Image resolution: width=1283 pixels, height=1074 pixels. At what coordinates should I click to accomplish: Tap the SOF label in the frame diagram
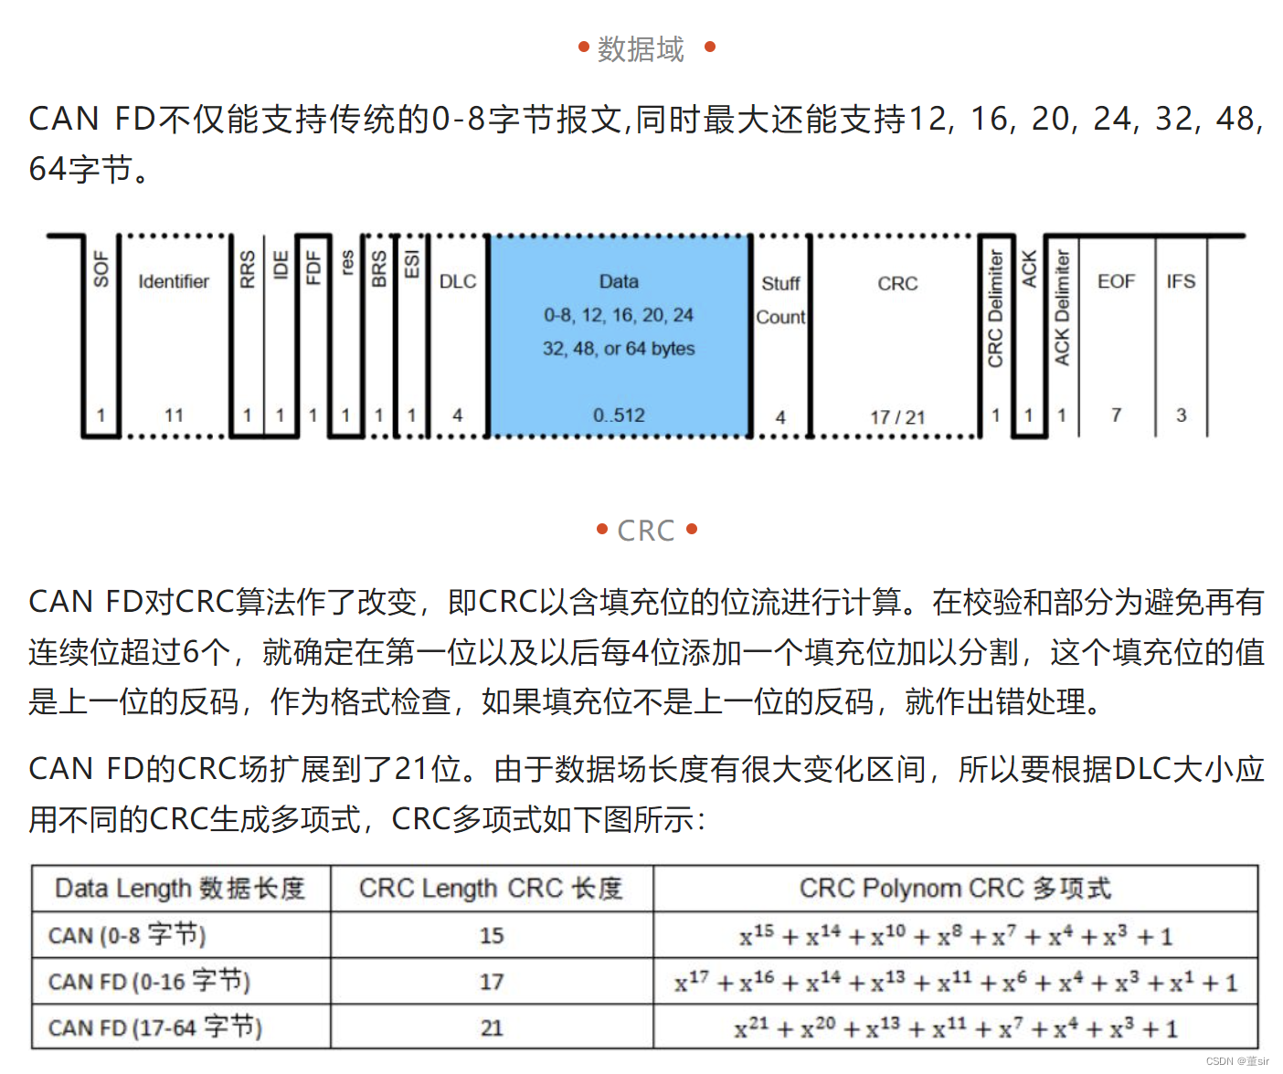click(101, 269)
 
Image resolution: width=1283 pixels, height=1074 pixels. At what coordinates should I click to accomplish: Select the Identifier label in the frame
click(174, 281)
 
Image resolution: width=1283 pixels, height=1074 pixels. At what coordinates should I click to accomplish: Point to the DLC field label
click(458, 281)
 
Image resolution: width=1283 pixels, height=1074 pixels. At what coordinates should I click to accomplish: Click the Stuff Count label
click(780, 300)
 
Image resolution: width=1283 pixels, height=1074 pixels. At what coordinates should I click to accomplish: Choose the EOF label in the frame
click(1116, 281)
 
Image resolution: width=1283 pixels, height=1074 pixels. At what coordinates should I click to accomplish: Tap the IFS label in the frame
click(1181, 281)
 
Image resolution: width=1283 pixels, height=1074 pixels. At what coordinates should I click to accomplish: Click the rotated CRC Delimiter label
click(995, 310)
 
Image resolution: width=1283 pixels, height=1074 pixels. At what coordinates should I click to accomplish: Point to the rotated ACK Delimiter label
click(1061, 308)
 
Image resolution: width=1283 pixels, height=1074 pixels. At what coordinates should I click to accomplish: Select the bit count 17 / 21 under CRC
click(897, 417)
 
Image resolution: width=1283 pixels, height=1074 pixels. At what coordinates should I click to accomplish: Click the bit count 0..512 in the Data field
click(619, 416)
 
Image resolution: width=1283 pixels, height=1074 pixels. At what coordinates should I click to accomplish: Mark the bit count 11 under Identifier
click(174, 416)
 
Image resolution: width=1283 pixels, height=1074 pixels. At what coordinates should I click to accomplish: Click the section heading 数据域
click(641, 48)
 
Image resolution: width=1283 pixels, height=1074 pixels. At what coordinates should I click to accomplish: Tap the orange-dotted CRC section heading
click(646, 531)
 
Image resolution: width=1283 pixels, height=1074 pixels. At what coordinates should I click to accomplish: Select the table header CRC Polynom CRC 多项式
click(955, 889)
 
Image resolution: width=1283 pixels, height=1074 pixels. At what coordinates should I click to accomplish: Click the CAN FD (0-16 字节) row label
click(149, 982)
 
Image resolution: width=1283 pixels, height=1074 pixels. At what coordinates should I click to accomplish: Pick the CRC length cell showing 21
click(492, 1028)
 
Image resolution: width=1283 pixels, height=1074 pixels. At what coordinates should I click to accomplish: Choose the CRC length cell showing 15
click(492, 935)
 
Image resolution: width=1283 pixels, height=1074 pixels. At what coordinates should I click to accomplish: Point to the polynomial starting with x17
click(955, 983)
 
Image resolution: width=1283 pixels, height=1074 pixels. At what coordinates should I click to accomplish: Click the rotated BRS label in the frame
click(378, 269)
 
